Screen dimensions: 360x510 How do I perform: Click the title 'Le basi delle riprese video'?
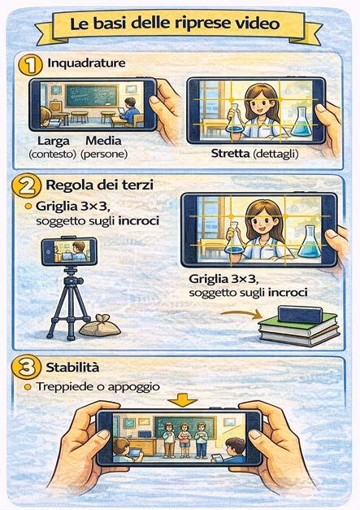pos(175,24)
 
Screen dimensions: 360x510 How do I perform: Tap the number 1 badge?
pos(30,65)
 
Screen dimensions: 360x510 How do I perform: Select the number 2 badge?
pos(26,186)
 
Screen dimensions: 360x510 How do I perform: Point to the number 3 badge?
pos(26,368)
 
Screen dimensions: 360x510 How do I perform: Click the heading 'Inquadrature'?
pos(86,63)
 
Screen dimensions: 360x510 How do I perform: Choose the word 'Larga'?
pos(54,142)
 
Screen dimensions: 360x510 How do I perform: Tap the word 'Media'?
pos(103,141)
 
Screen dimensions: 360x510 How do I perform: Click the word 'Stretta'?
pos(230,153)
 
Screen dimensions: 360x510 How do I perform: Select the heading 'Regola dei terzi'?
pos(99,185)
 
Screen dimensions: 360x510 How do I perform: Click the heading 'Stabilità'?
pos(72,367)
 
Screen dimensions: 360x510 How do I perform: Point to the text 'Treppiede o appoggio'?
pos(98,386)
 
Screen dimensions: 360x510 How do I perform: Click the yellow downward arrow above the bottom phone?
pos(183,400)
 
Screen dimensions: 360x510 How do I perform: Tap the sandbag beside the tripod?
pos(100,325)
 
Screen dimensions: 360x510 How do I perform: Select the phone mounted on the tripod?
pos(69,251)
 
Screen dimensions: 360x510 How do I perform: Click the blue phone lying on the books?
pos(300,315)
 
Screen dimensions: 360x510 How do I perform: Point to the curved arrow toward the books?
pos(241,313)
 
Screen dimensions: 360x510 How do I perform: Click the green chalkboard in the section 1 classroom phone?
pos(91,96)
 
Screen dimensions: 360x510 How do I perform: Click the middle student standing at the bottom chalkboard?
pos(184,440)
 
